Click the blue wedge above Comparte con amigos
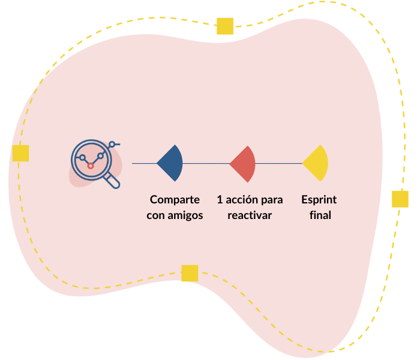(x=172, y=163)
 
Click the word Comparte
(x=175, y=200)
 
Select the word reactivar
(x=250, y=215)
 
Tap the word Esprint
(x=319, y=200)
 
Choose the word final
(x=320, y=215)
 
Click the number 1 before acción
(x=220, y=200)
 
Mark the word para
(x=272, y=200)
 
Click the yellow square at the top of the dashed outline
(x=225, y=26)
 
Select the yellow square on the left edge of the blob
(x=20, y=154)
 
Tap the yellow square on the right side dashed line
(x=400, y=199)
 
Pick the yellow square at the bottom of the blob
(x=190, y=274)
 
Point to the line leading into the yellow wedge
(x=278, y=163)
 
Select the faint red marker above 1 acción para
(x=243, y=163)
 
